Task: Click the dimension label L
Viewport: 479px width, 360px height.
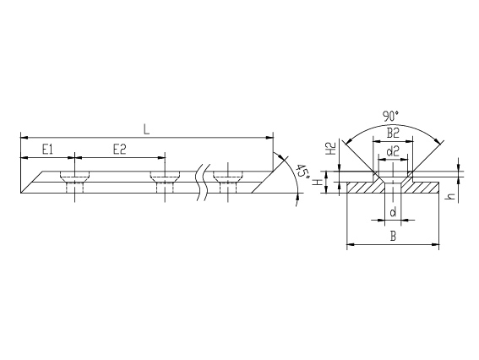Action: pyautogui.click(x=147, y=130)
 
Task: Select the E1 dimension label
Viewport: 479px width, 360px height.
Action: pyautogui.click(x=47, y=150)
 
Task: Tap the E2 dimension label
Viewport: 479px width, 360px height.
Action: pyautogui.click(x=119, y=150)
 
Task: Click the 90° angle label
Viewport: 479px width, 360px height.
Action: pyautogui.click(x=390, y=117)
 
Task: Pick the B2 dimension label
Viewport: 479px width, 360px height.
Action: pyautogui.click(x=393, y=134)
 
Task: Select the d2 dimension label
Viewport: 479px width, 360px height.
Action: pyautogui.click(x=393, y=151)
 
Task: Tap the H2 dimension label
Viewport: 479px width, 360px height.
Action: pyautogui.click(x=331, y=149)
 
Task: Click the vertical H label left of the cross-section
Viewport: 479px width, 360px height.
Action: pyautogui.click(x=318, y=183)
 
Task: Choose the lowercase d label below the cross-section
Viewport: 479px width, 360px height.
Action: pyautogui.click(x=393, y=211)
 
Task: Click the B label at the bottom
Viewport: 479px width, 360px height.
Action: pyautogui.click(x=394, y=237)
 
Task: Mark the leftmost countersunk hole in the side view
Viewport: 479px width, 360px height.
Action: pyautogui.click(x=75, y=182)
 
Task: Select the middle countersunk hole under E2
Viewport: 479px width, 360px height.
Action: pyautogui.click(x=165, y=182)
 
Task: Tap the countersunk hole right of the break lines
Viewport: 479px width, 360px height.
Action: pyautogui.click(x=228, y=182)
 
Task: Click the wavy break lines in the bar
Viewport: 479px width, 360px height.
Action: pyautogui.click(x=204, y=183)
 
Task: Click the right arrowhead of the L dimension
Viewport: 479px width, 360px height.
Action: pyautogui.click(x=269, y=138)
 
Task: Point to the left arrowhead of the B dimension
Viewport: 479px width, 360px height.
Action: pyautogui.click(x=351, y=244)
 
